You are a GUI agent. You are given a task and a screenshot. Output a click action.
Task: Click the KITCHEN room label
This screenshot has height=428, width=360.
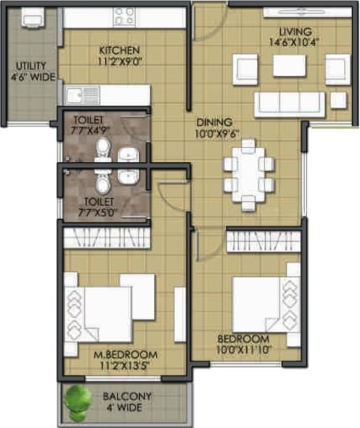119,51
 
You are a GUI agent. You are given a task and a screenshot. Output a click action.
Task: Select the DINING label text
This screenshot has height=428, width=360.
214,122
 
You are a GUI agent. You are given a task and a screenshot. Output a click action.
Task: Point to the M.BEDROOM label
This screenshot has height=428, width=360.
125,354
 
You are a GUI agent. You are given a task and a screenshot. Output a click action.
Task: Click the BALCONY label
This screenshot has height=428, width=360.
127,396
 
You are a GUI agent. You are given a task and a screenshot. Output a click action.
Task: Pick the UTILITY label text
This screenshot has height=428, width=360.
31,66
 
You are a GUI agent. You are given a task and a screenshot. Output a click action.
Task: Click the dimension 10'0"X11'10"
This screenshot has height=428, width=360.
244,350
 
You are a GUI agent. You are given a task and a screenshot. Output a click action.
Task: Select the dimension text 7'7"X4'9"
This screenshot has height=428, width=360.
89,131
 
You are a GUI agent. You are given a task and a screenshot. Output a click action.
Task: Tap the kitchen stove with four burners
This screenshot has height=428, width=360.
124,17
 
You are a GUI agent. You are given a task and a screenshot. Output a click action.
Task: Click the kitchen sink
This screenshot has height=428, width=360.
81,95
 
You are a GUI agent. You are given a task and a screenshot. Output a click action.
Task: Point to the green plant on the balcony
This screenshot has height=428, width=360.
78,402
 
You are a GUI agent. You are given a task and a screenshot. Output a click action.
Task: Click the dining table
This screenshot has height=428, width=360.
248,174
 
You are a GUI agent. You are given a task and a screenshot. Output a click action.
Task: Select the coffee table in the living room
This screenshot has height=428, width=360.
290,66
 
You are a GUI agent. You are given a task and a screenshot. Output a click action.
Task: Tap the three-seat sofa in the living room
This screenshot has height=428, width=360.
290,104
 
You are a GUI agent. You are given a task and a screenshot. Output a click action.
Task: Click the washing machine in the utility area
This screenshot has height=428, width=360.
32,17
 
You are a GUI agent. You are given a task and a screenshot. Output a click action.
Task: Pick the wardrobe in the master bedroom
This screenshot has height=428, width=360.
107,238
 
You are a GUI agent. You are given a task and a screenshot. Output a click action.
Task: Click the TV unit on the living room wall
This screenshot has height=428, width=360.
308,13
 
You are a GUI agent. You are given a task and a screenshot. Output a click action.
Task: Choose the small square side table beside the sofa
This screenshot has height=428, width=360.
339,100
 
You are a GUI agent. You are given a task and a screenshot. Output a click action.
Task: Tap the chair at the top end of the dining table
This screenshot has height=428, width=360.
248,146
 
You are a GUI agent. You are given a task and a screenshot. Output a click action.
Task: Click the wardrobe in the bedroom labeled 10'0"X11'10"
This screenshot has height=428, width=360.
263,241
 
